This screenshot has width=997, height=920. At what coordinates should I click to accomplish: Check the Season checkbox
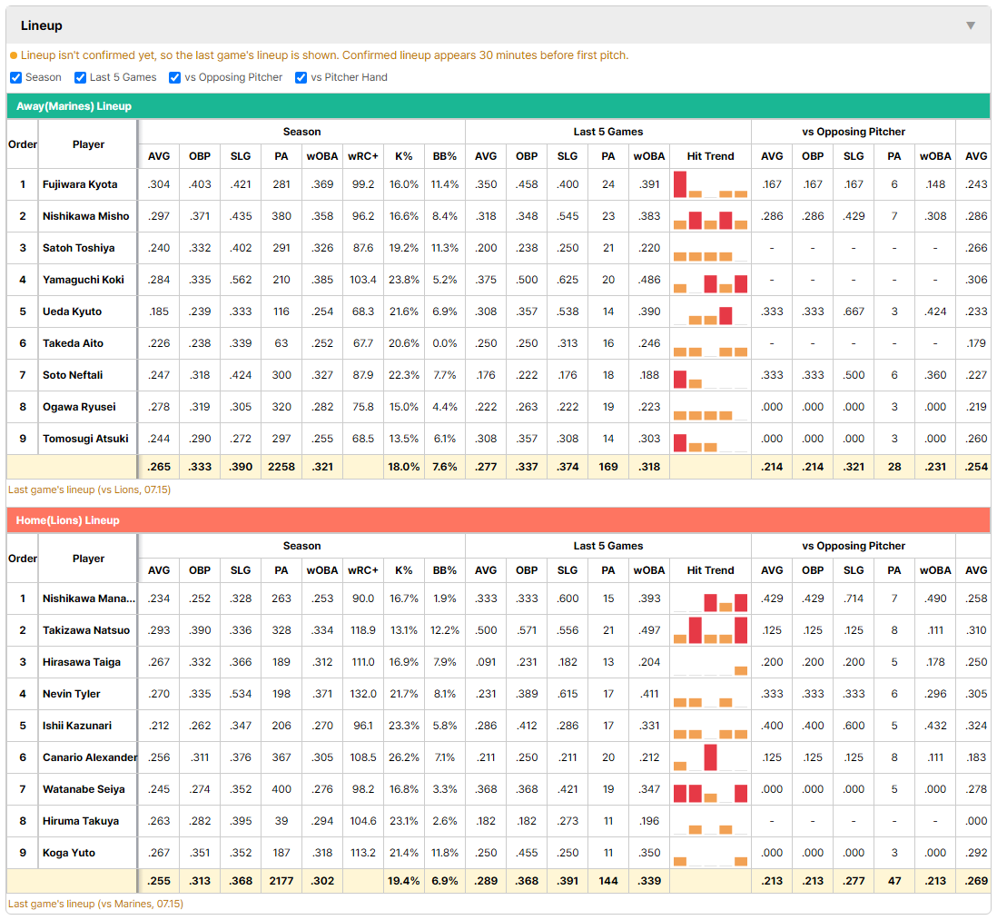coord(16,77)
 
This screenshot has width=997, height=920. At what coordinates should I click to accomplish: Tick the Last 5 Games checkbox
coord(80,77)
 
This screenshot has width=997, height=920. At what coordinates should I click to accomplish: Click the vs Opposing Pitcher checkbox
coord(175,77)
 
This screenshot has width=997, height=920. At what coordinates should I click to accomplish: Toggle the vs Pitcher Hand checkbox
coord(301,77)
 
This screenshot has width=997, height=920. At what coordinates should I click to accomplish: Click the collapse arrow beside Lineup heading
coord(971,25)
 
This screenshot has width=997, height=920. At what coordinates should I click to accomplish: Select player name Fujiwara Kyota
coord(80,184)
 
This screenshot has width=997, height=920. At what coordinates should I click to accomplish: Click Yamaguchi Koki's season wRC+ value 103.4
coord(363,280)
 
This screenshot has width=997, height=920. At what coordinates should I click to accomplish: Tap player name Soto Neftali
coord(73,375)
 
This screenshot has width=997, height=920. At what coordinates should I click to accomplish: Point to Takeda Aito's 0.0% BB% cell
coord(444,343)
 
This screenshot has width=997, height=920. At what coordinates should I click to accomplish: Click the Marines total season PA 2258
coord(281,467)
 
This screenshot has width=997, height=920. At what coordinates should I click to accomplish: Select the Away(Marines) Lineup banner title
coord(74,106)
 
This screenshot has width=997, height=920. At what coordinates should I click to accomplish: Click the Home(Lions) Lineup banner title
coord(67,520)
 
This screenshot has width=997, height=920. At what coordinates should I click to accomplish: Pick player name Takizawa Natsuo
coord(86,630)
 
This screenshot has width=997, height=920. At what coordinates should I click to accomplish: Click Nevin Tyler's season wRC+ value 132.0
coord(363,694)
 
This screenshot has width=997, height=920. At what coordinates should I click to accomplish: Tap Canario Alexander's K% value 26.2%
coord(404,757)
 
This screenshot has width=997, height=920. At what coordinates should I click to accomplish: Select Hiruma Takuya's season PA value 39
coord(281,821)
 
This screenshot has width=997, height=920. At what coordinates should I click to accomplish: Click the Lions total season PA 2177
coord(281,881)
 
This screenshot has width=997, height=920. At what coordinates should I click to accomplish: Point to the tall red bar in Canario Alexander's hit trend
coord(710,757)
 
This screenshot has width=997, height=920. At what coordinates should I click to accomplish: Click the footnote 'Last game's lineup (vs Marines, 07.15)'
coord(95,904)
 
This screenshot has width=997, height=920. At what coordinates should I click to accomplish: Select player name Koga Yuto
coord(69,853)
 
